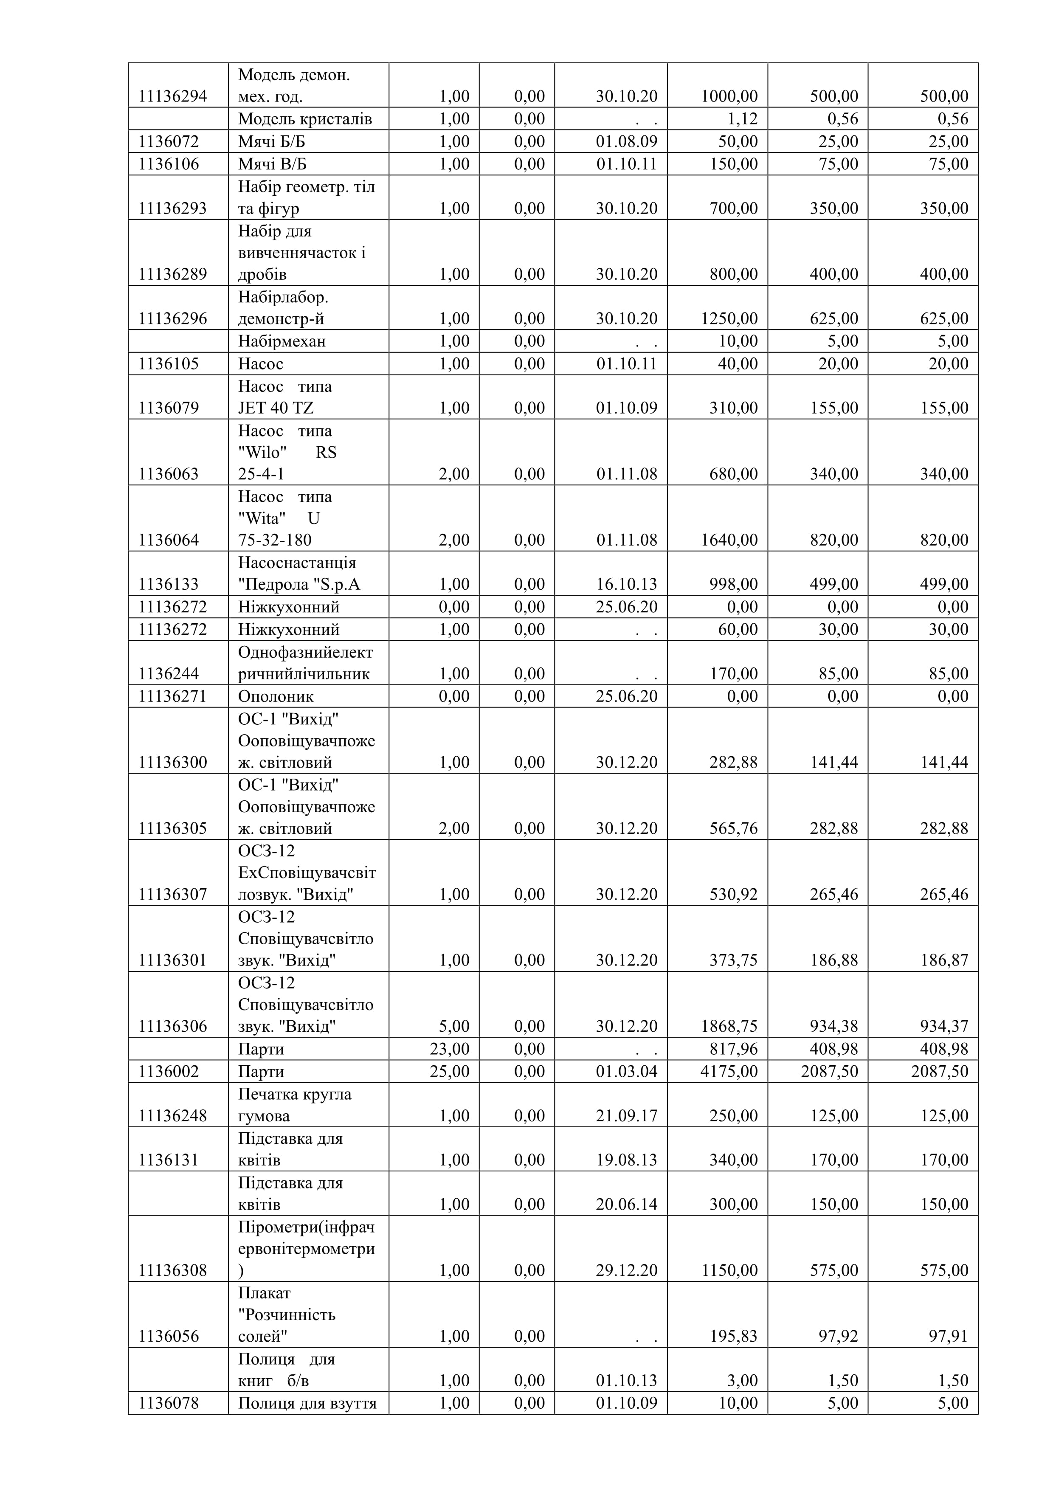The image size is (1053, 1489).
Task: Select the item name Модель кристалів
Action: click(x=305, y=119)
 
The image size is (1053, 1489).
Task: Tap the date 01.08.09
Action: click(x=626, y=141)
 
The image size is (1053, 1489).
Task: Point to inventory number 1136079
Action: click(x=169, y=408)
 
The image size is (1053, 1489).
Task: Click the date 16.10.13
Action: click(x=626, y=584)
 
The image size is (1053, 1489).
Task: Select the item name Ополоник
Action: click(x=276, y=696)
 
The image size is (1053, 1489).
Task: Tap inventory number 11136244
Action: click(x=169, y=674)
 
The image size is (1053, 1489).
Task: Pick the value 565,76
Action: click(x=733, y=828)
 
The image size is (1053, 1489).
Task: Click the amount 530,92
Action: click(x=733, y=894)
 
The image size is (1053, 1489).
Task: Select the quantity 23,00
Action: click(x=449, y=1049)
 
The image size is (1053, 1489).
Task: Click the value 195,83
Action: click(x=733, y=1337)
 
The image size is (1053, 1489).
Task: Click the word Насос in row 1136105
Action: click(x=261, y=364)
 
